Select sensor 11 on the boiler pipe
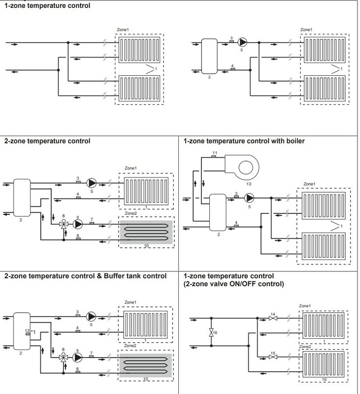(214, 158)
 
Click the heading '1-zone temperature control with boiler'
(244, 141)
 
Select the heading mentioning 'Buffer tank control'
(85, 276)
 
